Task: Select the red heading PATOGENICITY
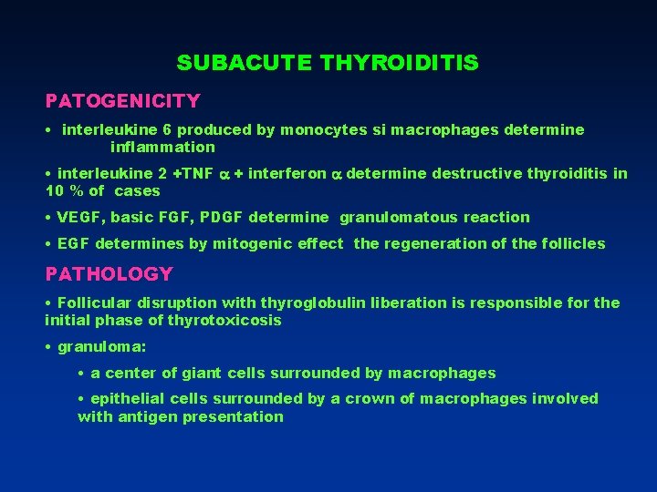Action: tap(123, 99)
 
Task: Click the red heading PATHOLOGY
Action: tap(109, 273)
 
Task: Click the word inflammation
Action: tap(162, 147)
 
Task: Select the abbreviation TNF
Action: tap(198, 173)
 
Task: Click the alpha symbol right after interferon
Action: tap(335, 173)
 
